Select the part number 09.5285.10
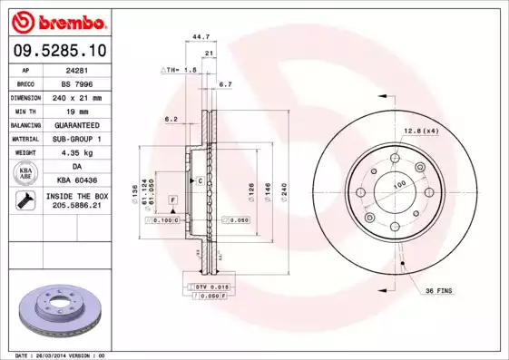55,51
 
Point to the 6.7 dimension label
226,83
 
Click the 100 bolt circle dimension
397,184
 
